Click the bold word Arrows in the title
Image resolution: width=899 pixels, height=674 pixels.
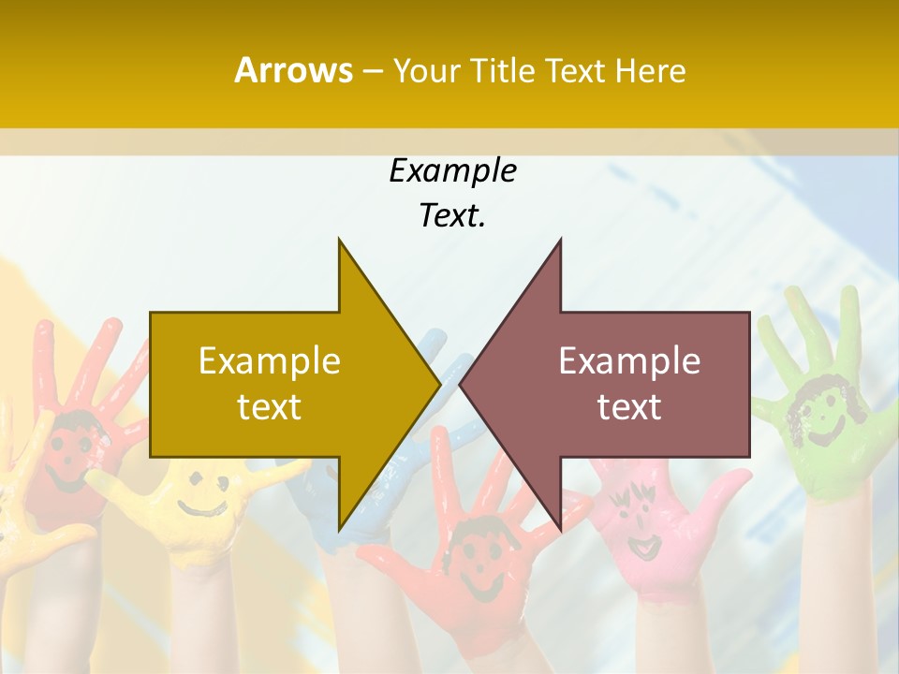click(x=293, y=70)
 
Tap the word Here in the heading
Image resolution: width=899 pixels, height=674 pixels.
click(x=650, y=70)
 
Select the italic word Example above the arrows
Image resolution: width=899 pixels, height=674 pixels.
click(x=452, y=170)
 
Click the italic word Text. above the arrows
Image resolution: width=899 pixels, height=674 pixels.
click(x=452, y=215)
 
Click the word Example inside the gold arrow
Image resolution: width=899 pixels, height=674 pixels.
click(x=270, y=360)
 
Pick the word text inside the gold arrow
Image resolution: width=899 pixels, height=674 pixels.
click(x=270, y=406)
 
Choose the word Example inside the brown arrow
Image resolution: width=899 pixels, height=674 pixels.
click(x=629, y=360)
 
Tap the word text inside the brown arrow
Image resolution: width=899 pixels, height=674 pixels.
click(x=629, y=406)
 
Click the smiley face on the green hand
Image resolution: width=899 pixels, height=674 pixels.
click(x=816, y=413)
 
